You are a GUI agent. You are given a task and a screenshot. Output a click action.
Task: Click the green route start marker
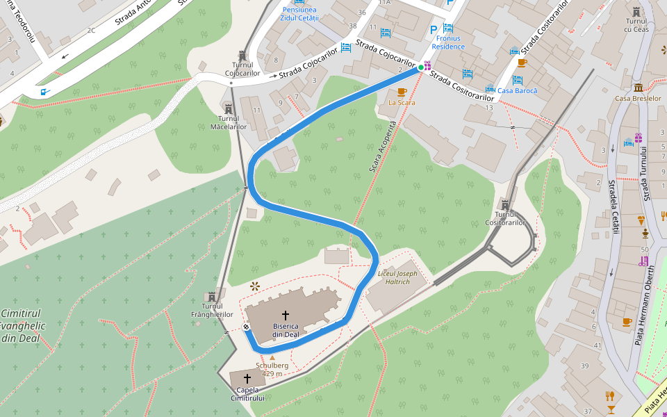(420, 67)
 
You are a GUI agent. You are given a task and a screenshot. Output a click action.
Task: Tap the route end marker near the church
(246, 327)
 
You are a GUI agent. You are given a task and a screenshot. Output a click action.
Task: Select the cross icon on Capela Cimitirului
(247, 379)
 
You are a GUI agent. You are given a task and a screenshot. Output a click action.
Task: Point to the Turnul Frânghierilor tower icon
(212, 295)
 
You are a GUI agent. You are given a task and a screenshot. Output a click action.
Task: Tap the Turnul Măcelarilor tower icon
(229, 109)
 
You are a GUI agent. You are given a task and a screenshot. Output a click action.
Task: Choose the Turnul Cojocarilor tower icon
(242, 55)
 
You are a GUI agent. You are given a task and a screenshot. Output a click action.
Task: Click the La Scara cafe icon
(402, 92)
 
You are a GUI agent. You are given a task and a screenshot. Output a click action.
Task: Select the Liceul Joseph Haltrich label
(397, 277)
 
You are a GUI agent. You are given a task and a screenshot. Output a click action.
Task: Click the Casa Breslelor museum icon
(638, 88)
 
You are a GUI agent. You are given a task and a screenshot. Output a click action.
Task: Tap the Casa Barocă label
(518, 91)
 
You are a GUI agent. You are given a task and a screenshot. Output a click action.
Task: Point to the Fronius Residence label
(446, 42)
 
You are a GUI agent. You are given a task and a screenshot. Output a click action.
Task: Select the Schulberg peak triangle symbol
(272, 357)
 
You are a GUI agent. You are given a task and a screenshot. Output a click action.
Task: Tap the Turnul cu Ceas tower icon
(636, 11)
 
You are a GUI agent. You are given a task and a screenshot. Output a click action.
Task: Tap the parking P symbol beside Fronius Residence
(434, 29)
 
